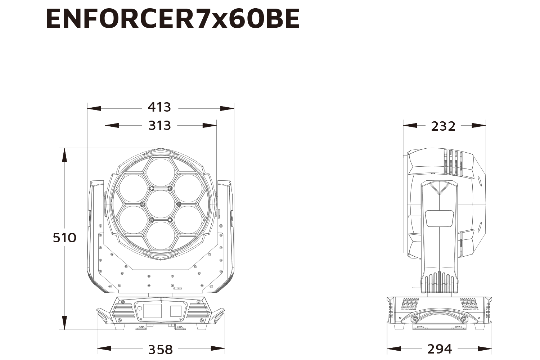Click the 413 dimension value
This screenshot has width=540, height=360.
[x=159, y=107]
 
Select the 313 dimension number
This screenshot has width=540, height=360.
[x=159, y=126]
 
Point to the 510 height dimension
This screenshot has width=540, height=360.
[x=64, y=238]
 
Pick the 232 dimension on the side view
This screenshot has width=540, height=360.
[x=443, y=126]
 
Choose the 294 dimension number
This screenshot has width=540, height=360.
[x=439, y=349]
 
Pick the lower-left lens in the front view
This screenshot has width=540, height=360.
[x=133, y=220]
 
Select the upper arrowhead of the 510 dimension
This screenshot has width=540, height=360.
[x=64, y=155]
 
